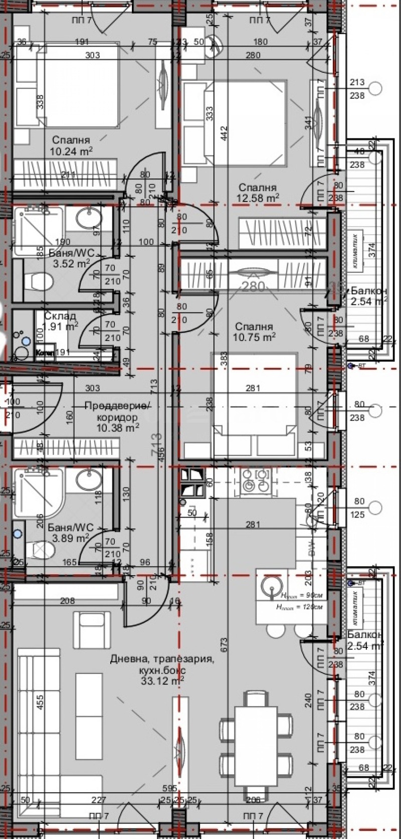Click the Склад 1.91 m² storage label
pos(60,321)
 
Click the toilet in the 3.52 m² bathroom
pos(39,281)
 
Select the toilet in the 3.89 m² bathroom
pos(42,551)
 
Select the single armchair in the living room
pos(91,630)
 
